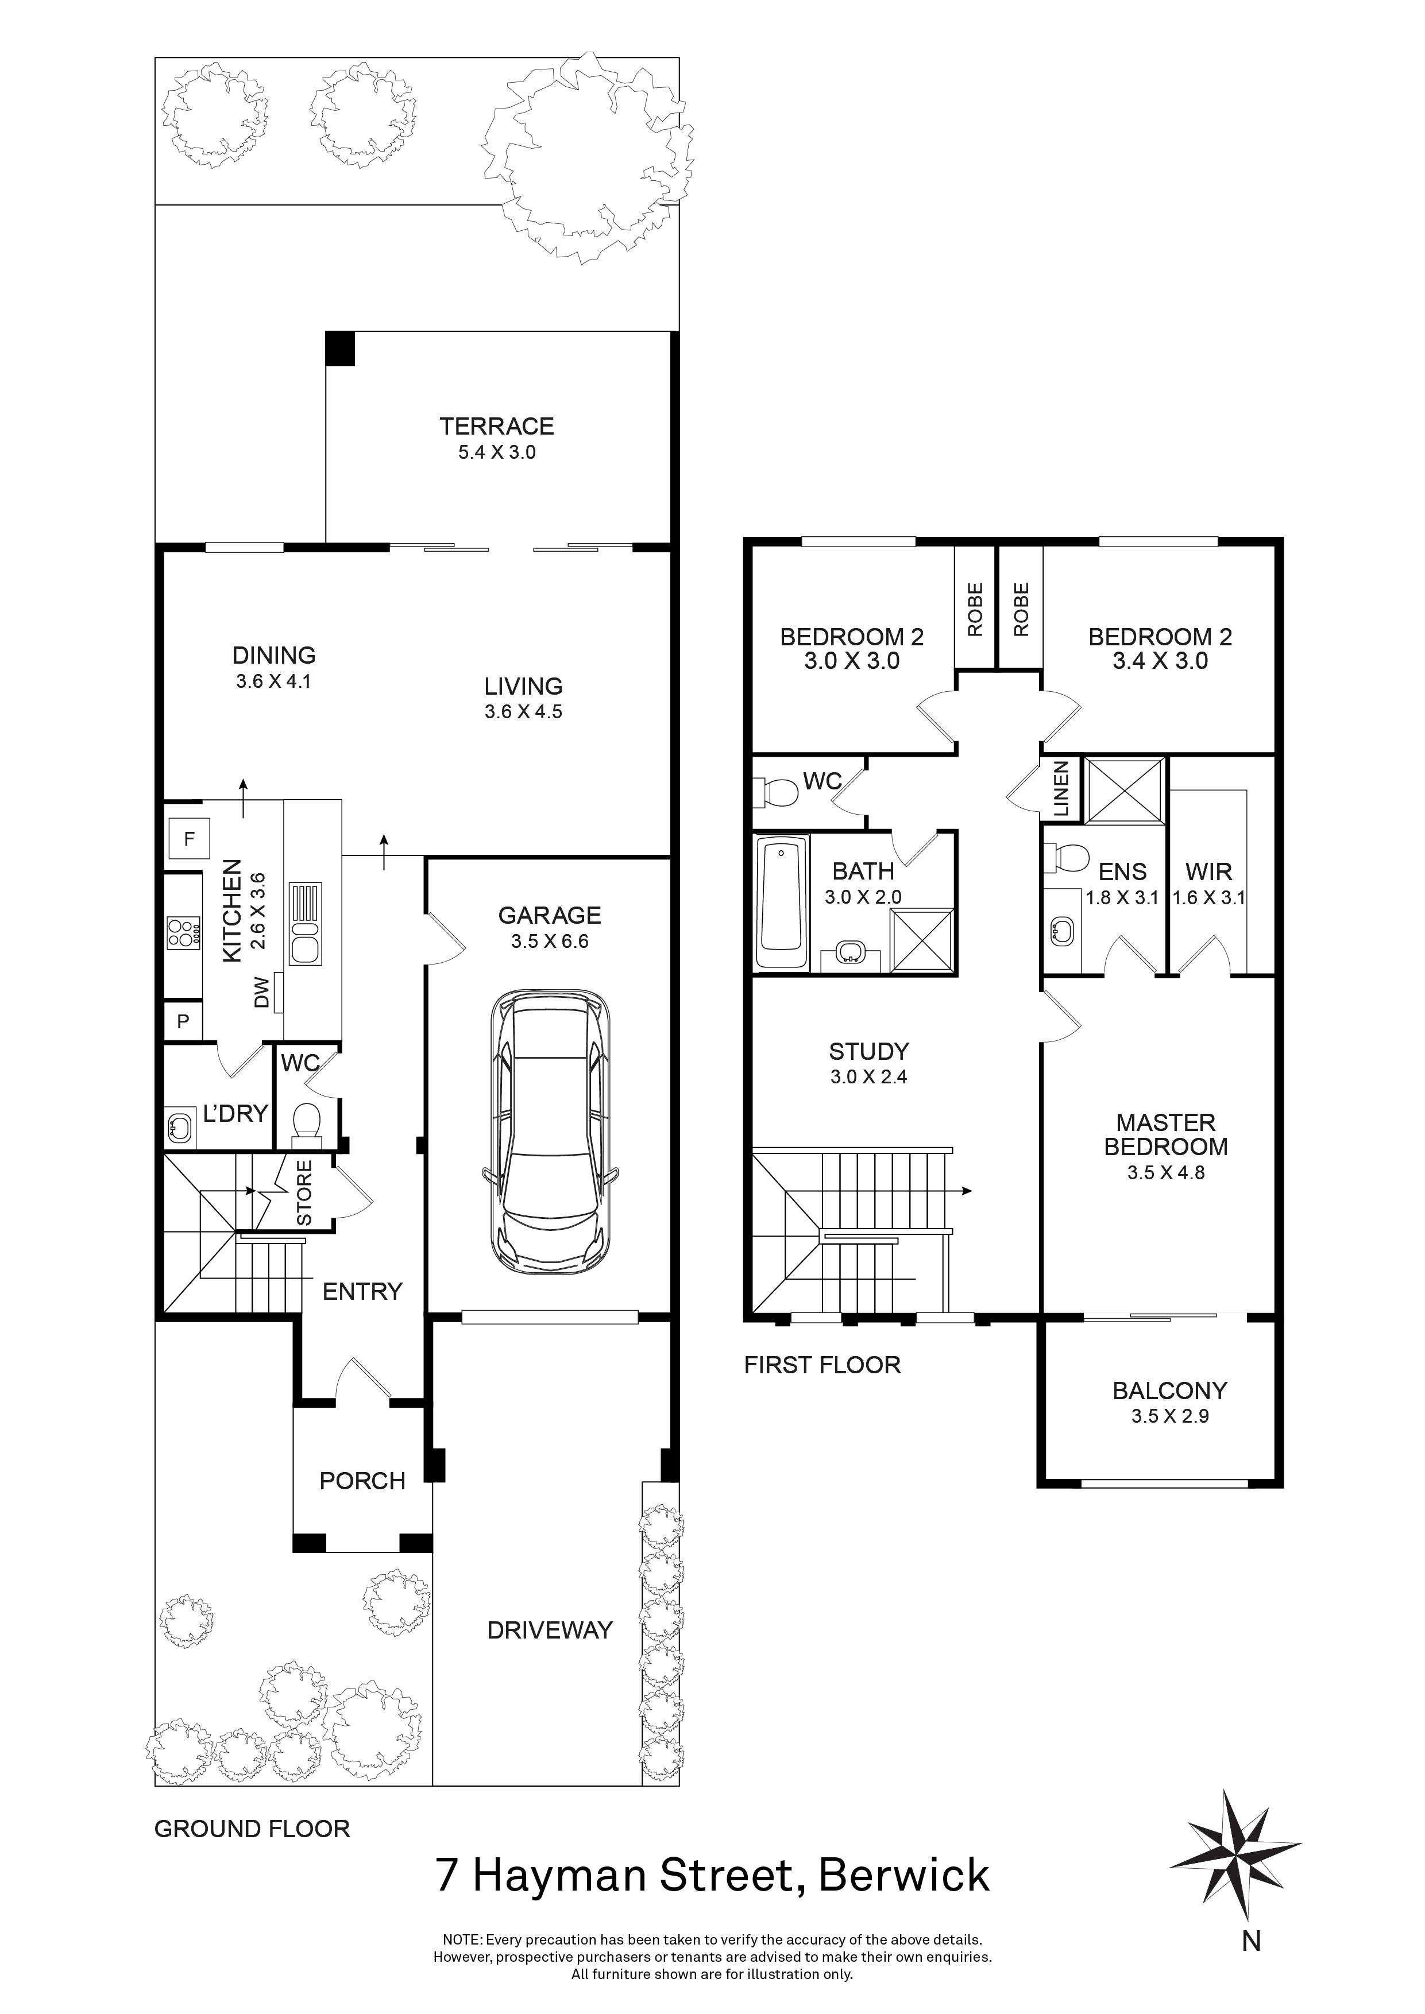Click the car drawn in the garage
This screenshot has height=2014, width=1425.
click(549, 1132)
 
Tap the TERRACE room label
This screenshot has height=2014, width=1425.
click(497, 427)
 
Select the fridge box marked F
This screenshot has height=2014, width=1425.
click(188, 839)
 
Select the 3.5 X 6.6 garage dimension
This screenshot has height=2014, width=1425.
click(549, 941)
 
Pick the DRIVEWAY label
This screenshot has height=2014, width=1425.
click(549, 1630)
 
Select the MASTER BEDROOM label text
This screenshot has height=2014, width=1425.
click(1166, 1134)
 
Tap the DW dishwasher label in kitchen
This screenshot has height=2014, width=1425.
click(261, 994)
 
